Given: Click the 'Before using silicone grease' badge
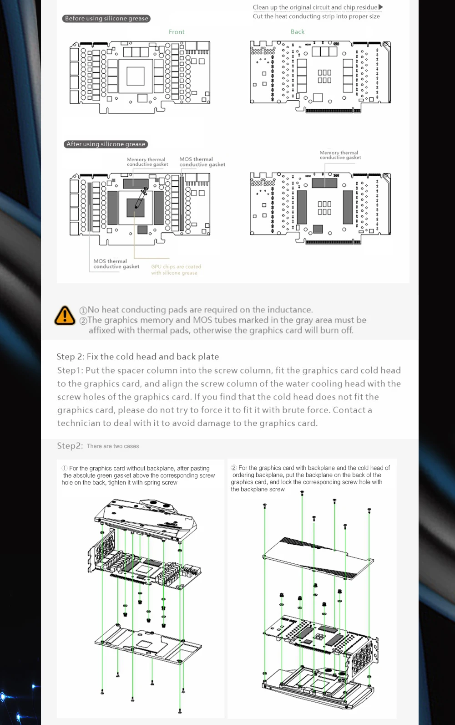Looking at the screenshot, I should (x=106, y=19).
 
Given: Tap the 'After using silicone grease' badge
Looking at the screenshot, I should (x=106, y=144).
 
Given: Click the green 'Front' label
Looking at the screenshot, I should (x=177, y=32).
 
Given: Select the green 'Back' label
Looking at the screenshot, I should (x=298, y=31).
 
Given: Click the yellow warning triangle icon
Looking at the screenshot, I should (x=65, y=315).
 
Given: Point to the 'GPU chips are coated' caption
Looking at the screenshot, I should (x=176, y=267).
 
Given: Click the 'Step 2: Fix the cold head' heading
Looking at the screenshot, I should (x=137, y=357).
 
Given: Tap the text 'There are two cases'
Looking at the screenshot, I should (x=113, y=446).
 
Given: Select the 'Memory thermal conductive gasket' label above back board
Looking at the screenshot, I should (x=340, y=155).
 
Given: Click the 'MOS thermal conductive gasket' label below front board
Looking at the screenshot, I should (x=116, y=264).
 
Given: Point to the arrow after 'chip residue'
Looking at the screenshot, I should (x=381, y=7).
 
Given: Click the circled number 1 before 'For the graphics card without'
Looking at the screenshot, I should (x=65, y=468).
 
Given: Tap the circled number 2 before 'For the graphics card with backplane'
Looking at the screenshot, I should (x=234, y=468).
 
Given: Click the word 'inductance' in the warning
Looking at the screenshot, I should (x=289, y=310).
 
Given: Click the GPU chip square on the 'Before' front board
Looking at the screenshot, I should (x=136, y=76).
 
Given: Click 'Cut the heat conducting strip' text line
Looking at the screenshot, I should (x=316, y=16).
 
